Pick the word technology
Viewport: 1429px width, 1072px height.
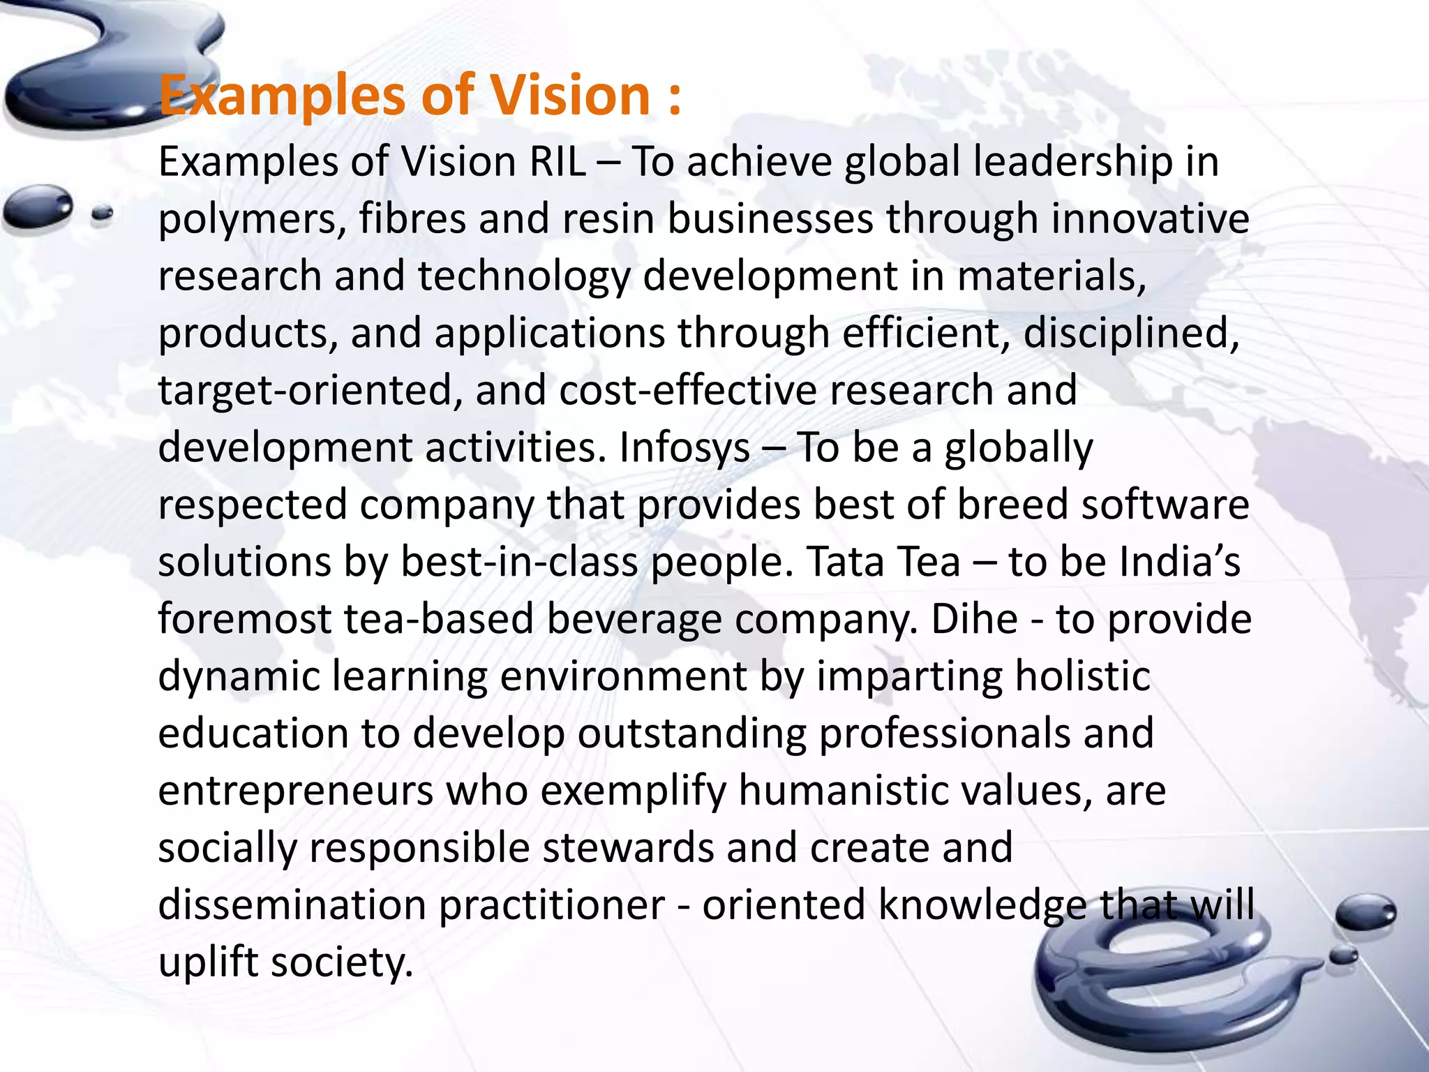[524, 277]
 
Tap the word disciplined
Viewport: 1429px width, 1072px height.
[1130, 334]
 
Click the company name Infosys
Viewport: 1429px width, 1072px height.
[684, 448]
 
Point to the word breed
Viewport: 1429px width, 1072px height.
[1012, 505]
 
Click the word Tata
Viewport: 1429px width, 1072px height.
[848, 563]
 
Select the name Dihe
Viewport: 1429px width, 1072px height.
[974, 620]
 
